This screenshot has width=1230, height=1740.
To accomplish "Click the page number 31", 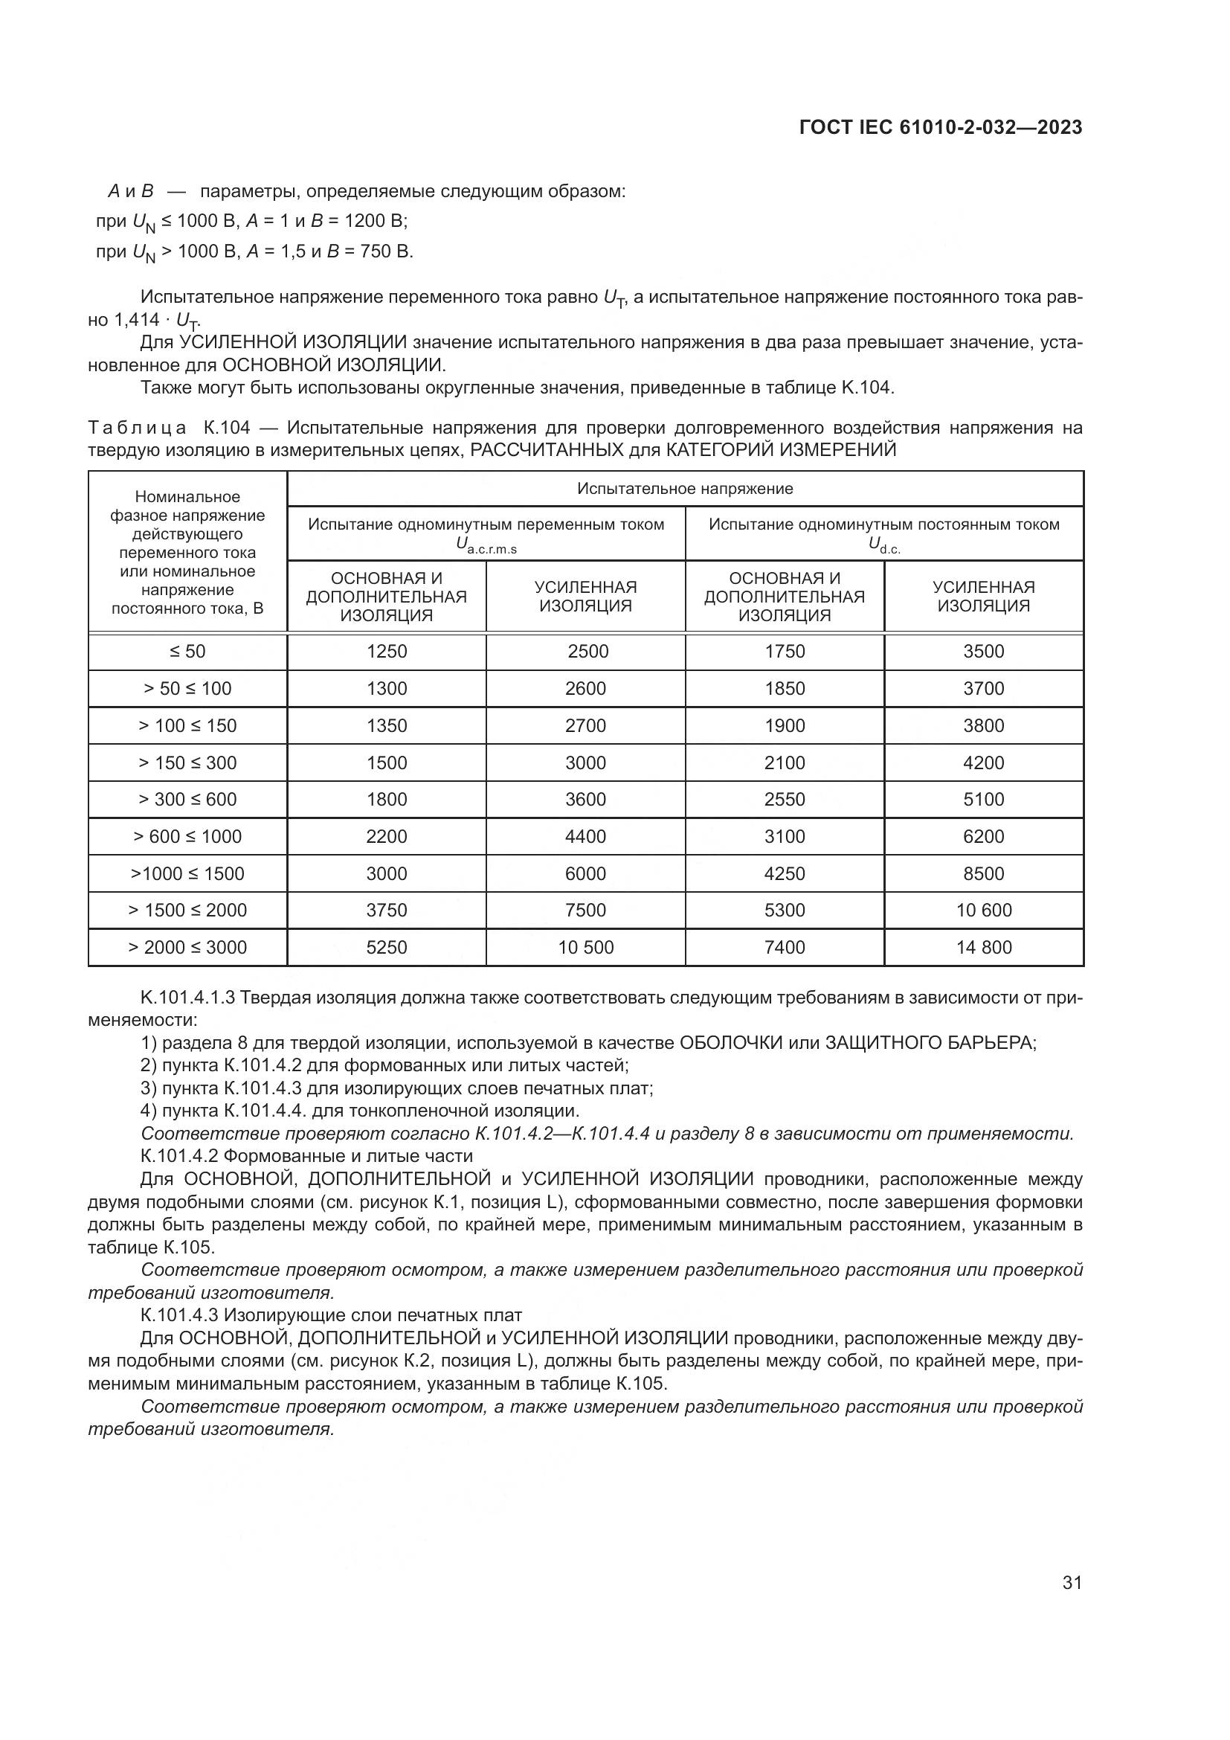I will [x=1072, y=1582].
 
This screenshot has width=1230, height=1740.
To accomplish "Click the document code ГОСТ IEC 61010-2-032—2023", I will [x=941, y=128].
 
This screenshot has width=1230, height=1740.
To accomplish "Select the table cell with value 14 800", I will [x=983, y=947].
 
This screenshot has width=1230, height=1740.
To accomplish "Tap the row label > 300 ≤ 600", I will [x=187, y=800].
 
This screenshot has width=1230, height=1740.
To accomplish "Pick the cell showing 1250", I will [x=386, y=652].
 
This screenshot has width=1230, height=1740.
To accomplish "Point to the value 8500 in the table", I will [x=983, y=874].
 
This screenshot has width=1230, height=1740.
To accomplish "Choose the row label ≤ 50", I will [x=187, y=652].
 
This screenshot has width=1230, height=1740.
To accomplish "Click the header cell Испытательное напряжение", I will [x=685, y=489].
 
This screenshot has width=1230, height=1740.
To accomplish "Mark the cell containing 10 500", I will [x=585, y=947].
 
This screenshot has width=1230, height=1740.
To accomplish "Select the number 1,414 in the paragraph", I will [x=137, y=320].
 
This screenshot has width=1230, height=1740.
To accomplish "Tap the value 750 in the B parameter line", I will [x=375, y=251].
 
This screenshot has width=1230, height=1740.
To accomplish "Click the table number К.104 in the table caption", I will [x=227, y=428].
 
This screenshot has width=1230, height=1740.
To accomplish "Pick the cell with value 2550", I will [x=785, y=800].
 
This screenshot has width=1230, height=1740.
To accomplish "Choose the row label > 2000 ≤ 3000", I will [x=187, y=947].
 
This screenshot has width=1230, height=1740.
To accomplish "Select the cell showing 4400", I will [x=585, y=837].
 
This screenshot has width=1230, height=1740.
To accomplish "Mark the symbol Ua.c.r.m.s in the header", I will [x=486, y=545].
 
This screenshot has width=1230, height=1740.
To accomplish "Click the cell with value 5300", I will [x=785, y=910].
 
